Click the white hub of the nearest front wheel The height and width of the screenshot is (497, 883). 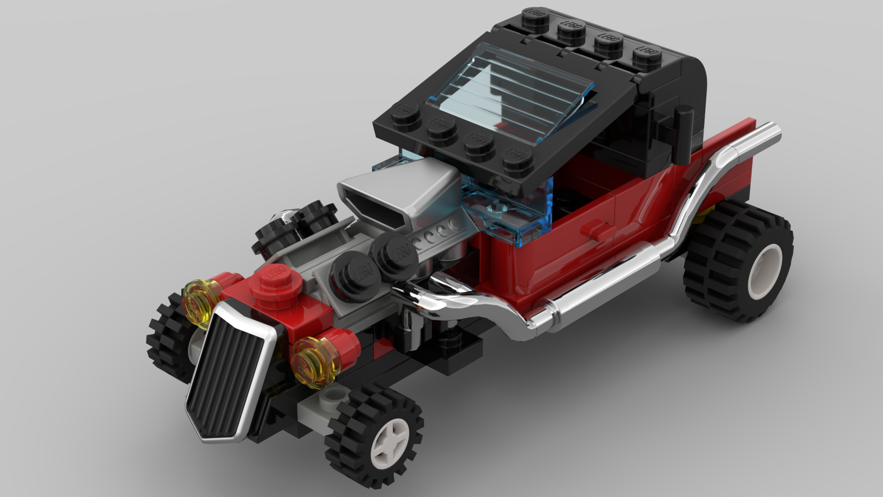pos(390,439)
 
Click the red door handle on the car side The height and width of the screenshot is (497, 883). pos(597,229)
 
